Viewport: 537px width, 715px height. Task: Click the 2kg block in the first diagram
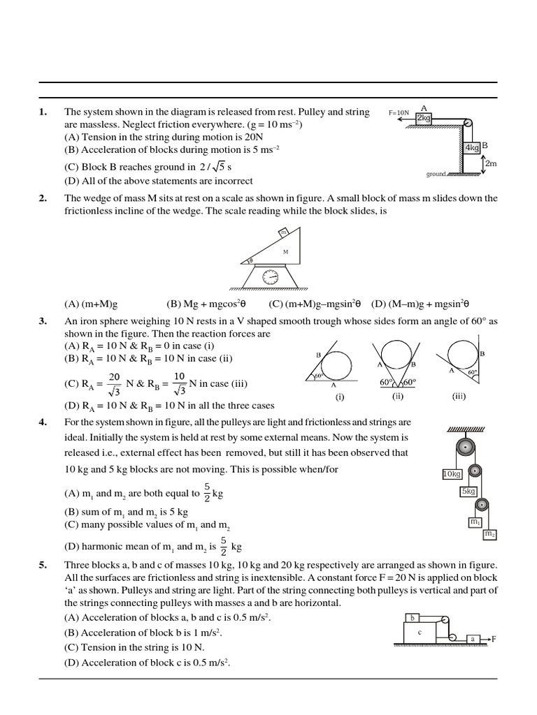[x=424, y=119]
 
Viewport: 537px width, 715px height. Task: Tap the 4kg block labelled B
[x=472, y=147]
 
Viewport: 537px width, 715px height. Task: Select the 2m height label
[x=491, y=163]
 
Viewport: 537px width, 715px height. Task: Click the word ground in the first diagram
[x=436, y=174]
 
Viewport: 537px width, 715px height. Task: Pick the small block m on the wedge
[x=283, y=233]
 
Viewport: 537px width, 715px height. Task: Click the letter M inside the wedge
[x=285, y=251]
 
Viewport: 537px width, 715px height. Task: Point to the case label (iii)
[x=459, y=395]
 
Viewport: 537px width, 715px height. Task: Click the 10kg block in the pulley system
[x=452, y=474]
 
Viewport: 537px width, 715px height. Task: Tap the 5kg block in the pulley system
[x=468, y=492]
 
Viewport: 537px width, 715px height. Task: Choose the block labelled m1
[x=475, y=522]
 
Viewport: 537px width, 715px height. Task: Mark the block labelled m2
[x=489, y=534]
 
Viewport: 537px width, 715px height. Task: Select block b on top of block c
[x=413, y=617]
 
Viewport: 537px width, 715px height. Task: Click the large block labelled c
[x=420, y=633]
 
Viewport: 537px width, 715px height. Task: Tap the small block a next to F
[x=473, y=639]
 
